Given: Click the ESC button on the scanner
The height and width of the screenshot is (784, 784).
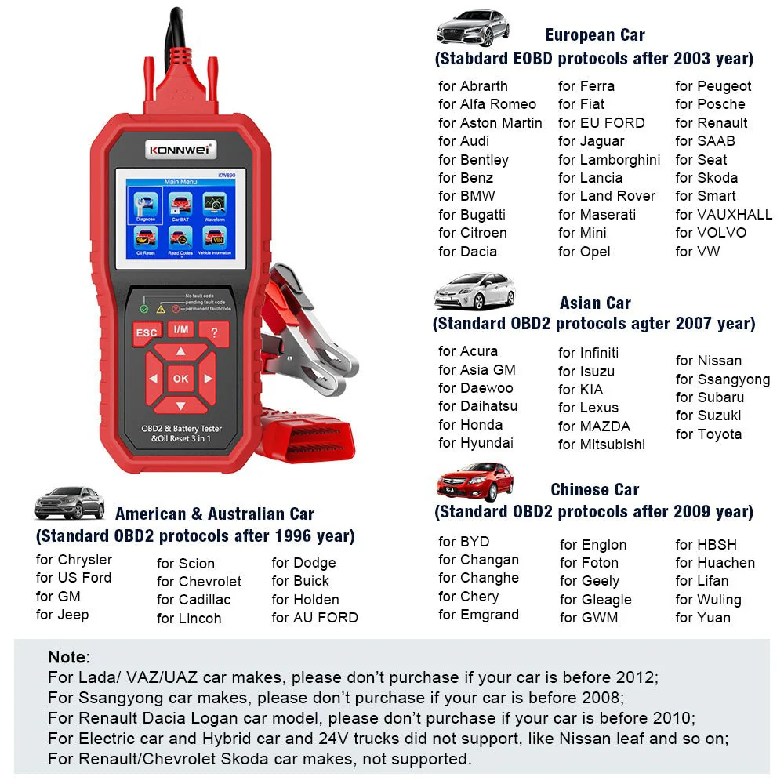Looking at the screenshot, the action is pos(146,333).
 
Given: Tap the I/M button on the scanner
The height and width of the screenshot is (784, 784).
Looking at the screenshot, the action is pos(180,330).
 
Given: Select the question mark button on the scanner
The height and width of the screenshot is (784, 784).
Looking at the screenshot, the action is pos(214,333).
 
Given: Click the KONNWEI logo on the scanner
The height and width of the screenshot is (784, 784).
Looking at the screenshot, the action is pos(180,150).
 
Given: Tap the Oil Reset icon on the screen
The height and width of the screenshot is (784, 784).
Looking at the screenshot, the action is pos(146,240).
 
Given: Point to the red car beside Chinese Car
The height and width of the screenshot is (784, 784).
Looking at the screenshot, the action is pos(475,482).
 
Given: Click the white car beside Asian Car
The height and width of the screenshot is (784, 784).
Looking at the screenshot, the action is pos(474,291).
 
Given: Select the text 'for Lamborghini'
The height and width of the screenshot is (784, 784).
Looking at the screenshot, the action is pos(609,160).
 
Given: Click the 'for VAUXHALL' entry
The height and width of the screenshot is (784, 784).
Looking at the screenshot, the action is pos(724,215).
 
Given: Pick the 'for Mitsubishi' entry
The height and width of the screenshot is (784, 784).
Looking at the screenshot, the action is pos(601,445).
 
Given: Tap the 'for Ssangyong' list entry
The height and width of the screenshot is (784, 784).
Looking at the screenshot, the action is pos(723,380).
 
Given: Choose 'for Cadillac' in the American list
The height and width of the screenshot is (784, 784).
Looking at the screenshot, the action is pos(194,600).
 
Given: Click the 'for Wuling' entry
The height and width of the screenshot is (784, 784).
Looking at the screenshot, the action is pos(708,600).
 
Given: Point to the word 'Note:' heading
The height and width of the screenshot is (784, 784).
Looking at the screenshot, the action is pos(69,657).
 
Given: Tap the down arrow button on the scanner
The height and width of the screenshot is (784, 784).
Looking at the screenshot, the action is pos(180,404).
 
